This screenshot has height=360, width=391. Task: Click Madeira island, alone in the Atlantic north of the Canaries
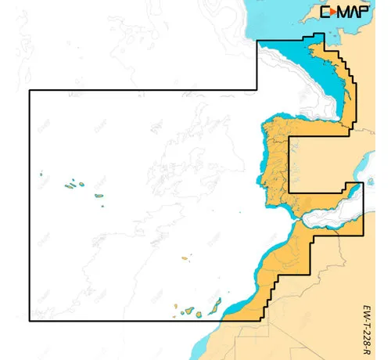coord(185,257)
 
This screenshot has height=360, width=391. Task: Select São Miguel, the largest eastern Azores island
coord(99,196)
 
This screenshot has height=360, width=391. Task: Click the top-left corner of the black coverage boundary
coord(30,91)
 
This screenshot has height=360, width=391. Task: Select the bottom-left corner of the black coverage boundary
coord(30,321)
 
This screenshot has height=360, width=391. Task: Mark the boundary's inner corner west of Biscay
coord(258,91)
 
